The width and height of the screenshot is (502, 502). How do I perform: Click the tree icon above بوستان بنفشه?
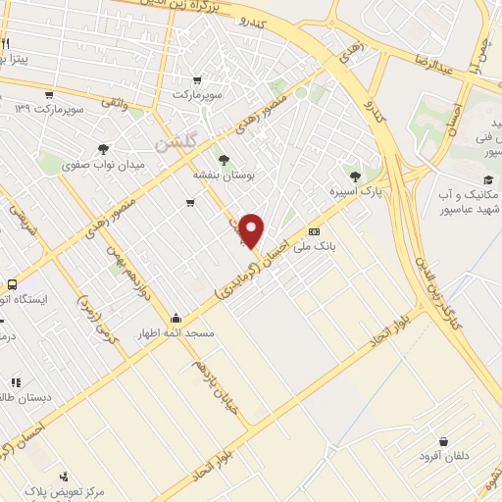pos(226,158)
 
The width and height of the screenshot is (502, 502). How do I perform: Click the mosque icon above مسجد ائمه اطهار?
pos(175,318)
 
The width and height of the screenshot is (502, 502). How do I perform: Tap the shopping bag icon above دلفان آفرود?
pos(446,441)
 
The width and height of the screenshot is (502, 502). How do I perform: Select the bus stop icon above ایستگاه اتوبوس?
pos(10,283)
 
